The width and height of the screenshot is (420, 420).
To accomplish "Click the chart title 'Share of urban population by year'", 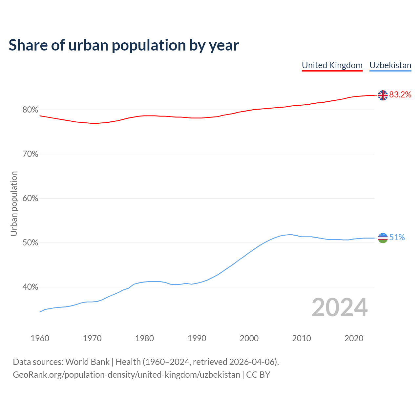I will pos(124,45).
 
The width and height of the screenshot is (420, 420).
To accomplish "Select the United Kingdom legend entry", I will pos(332,65).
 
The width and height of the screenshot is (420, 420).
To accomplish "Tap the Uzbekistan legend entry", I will pos(390,65).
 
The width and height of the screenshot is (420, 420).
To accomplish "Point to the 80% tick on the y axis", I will pos(30,110).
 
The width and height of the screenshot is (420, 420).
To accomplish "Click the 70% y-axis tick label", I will pos(30,154).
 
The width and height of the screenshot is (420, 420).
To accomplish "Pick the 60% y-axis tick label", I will pos(30,199).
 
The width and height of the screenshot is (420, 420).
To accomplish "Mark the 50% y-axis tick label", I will pos(30,243).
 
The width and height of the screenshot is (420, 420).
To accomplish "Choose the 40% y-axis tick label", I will pos(30,287).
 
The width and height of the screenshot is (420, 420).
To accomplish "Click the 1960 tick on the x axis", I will pos(40,338).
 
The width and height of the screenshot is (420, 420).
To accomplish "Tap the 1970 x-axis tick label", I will pos(92,338).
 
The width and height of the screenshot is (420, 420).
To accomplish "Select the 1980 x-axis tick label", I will pos(145,338).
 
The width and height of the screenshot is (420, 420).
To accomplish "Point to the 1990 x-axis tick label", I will pos(197,338).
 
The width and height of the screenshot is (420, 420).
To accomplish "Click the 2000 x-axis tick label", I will pos(249,338).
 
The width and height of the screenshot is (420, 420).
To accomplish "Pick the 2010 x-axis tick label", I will pos(302,338).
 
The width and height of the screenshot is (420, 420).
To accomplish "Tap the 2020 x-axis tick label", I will pos(354,338).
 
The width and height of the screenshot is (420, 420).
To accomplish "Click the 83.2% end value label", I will pos(400,95).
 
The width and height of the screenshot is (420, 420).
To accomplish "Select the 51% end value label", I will pos(397,238).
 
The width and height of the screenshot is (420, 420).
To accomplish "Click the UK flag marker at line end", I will pos(383,95).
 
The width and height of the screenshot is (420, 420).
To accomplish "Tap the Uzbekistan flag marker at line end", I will pos(383,238).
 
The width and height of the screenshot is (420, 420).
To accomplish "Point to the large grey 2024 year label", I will pos(340,307).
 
